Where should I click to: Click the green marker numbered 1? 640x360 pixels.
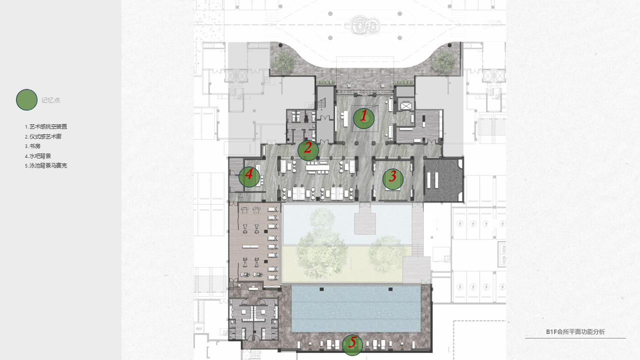click(363, 118)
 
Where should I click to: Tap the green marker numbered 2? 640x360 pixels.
click(308, 150)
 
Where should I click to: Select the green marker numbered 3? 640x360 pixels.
click(393, 179)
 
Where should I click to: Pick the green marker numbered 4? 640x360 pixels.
click(249, 177)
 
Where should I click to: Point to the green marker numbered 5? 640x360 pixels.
click(352, 345)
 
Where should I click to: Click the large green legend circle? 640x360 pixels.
click(26, 99)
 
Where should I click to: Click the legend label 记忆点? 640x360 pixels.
click(51, 100)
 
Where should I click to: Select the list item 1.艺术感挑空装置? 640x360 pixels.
click(46, 126)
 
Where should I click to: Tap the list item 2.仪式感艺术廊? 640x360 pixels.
click(43, 136)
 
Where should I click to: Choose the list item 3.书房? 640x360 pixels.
click(32, 146)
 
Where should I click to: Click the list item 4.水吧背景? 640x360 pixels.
click(37, 156)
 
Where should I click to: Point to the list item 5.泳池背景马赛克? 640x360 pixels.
click(46, 165)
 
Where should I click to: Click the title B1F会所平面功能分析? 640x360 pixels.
click(575, 331)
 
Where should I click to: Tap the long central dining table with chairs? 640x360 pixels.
click(317, 166)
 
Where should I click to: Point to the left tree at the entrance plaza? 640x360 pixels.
click(284, 61)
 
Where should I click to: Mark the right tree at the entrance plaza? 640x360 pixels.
click(443, 61)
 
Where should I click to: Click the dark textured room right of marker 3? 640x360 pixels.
click(443, 180)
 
